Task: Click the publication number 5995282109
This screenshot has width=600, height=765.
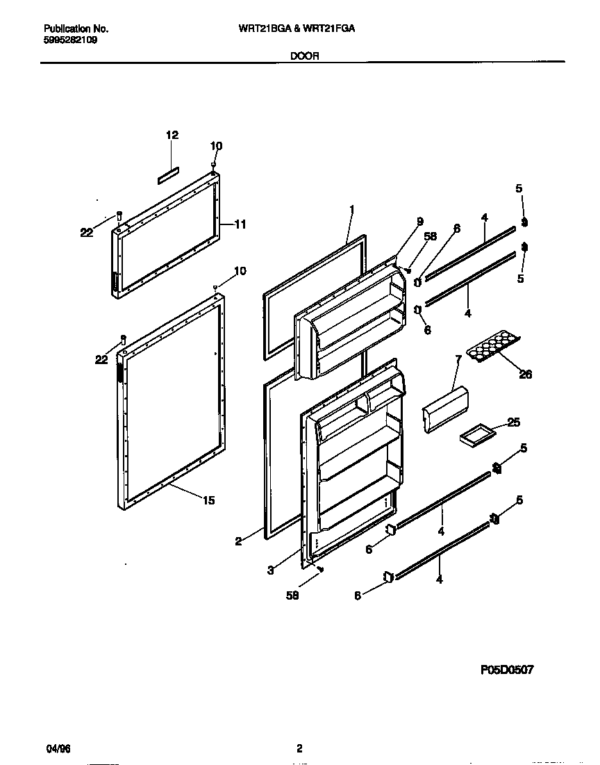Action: point(70,40)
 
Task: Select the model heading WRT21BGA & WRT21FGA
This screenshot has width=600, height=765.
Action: point(298,29)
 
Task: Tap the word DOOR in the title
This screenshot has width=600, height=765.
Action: point(305,56)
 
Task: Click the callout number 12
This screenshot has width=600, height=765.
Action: point(172,135)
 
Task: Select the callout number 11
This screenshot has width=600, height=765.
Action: point(240,224)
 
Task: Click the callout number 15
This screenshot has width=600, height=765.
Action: point(209,500)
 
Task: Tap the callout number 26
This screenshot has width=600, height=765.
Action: point(525,375)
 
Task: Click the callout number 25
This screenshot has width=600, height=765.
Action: point(513,422)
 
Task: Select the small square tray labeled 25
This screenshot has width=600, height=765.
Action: point(475,435)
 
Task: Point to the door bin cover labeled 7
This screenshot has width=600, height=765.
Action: point(445,411)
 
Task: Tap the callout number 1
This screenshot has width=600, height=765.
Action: point(352,209)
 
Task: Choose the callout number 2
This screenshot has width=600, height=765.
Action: point(238,542)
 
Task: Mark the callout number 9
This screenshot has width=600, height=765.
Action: point(419,222)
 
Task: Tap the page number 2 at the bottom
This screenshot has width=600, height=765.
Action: point(299,749)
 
